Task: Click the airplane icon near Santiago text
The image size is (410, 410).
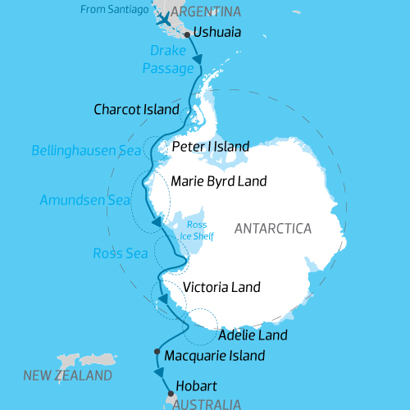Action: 164,17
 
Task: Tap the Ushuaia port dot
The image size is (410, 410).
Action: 188,34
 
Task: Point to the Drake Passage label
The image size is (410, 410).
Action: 168,60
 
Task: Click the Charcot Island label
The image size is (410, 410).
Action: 135,109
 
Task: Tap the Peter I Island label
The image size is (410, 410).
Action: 211,146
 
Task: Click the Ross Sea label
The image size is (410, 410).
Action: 121,253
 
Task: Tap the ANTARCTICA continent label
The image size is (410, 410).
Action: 272,228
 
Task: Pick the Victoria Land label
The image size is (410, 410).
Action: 221,287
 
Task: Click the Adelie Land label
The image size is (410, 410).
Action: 253,335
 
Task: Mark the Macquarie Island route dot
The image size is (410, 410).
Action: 157,352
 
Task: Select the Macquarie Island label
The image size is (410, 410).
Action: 215,356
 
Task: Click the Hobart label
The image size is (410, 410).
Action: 197,385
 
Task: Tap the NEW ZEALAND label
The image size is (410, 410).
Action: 67,376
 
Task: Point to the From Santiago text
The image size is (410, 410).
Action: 115,9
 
